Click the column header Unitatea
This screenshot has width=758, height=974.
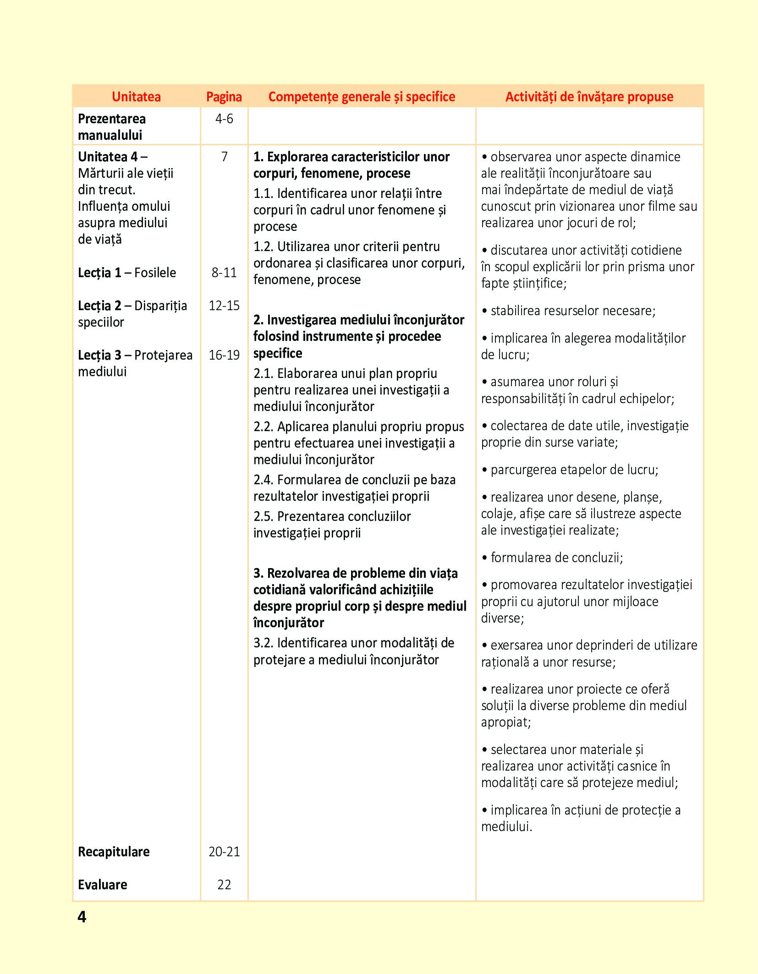136,97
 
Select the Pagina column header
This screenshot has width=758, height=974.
224,97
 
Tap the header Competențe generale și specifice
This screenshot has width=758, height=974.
362,97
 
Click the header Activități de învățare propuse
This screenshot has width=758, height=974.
589,97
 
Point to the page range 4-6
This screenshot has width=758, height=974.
224,119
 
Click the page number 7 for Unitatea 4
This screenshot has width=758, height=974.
224,157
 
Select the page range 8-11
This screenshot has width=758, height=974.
224,273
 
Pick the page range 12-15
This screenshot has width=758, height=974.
224,306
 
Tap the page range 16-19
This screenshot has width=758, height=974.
224,355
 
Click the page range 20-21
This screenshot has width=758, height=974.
224,852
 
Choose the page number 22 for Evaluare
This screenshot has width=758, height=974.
224,885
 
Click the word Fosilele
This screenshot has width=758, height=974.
155,273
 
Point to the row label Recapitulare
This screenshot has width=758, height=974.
114,852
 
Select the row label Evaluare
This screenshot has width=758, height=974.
103,885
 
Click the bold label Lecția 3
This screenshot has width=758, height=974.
99,355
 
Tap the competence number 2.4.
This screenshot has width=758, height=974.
264,480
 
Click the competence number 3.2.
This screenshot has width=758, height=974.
264,643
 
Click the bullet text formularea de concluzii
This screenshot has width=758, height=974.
556,558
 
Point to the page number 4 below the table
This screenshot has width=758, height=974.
82,917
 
